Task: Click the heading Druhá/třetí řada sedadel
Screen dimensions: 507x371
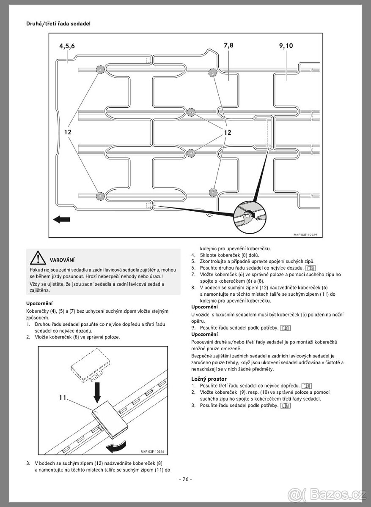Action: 58,24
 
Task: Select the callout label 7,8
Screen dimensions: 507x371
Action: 228,46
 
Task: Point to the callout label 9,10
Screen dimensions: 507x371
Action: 286,46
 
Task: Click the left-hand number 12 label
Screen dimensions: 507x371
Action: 68,132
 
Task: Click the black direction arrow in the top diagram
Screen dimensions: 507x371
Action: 61,219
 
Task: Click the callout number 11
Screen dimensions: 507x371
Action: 63,398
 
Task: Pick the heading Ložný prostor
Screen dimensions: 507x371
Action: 209,379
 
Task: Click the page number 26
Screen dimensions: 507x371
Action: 185,479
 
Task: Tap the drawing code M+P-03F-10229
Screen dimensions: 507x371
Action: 305,234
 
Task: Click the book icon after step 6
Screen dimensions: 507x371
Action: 311,268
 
